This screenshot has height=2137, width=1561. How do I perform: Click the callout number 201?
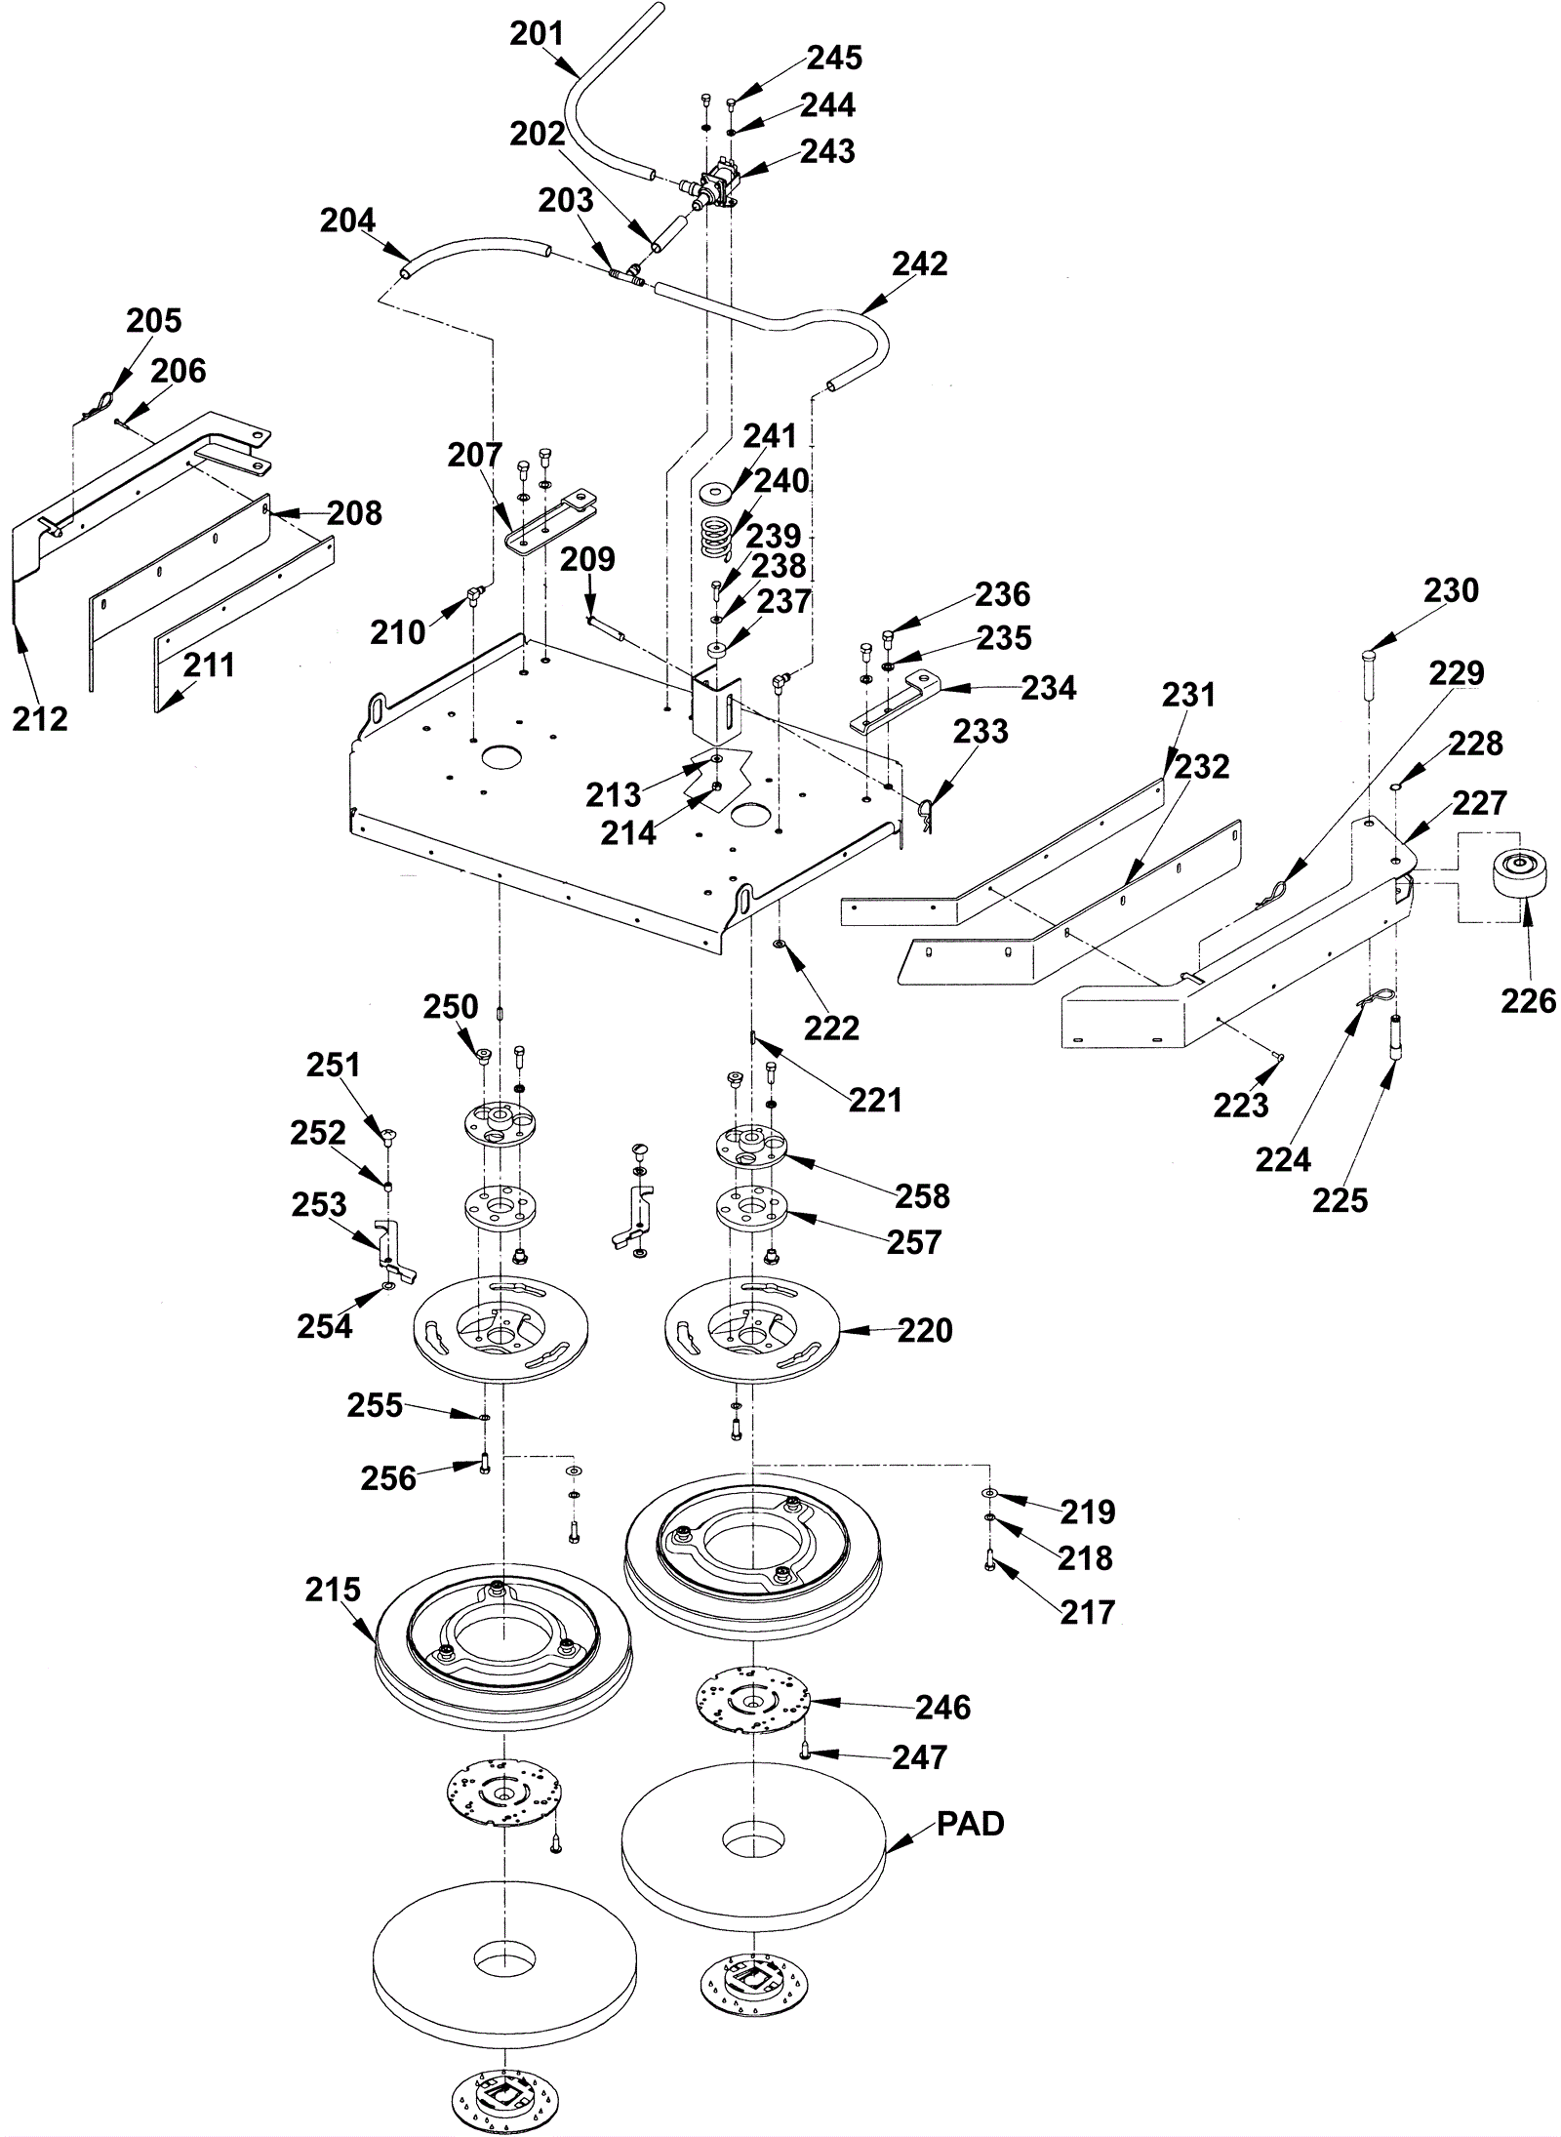[x=538, y=34]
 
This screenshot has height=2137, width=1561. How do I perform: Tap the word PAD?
[x=970, y=1825]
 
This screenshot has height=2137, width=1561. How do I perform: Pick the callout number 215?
[x=333, y=1590]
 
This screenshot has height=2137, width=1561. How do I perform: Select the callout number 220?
[x=925, y=1330]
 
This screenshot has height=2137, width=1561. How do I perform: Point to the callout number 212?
[x=40, y=719]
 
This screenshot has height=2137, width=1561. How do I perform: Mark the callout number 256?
[x=388, y=1478]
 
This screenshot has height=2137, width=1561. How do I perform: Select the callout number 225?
[x=1340, y=1200]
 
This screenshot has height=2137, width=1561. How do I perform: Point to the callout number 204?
[x=348, y=221]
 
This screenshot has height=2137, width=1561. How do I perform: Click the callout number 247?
[x=919, y=1757]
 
